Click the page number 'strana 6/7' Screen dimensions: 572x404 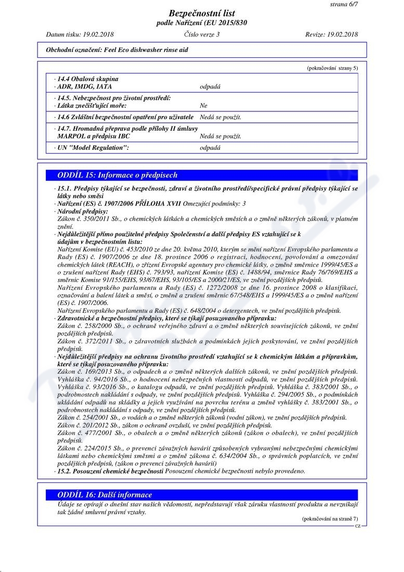tap(344, 4)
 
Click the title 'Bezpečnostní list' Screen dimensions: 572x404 tap(202, 14)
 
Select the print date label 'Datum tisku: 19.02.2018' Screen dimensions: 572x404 tap(80, 34)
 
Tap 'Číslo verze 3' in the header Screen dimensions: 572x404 tap(202, 34)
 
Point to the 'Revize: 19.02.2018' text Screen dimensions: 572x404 tap(332, 34)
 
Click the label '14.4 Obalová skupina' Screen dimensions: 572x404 tap(88, 79)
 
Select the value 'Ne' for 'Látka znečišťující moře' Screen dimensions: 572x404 tap(204, 106)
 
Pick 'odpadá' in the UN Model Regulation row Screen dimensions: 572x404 tap(210, 148)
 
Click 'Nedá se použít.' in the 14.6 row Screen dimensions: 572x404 tap(220, 117)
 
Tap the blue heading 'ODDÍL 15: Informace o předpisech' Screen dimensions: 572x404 tap(118, 175)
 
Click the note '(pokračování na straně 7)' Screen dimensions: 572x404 tap(330, 519)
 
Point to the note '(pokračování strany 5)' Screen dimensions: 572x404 tap(332, 68)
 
